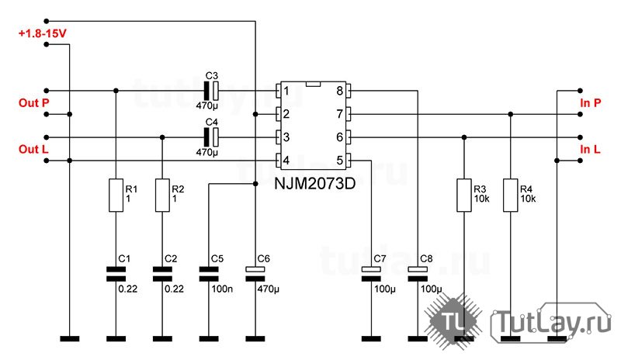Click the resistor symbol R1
[116, 195]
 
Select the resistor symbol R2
[162, 195]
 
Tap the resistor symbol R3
[463, 195]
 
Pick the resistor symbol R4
[510, 195]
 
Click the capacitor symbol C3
[211, 91]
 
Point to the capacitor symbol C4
[211, 137]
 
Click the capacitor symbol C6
[255, 274]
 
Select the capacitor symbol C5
[209, 274]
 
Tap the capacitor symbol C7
[371, 274]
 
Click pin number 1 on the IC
[286, 91]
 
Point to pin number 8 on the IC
[339, 91]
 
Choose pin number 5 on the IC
[339, 161]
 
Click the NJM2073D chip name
[315, 183]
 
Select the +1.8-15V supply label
[43, 33]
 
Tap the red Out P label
[34, 103]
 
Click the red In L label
[590, 149]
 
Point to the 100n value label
[222, 289]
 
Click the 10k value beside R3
[481, 199]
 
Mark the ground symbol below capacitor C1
[116, 338]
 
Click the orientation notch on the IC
[313, 84]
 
